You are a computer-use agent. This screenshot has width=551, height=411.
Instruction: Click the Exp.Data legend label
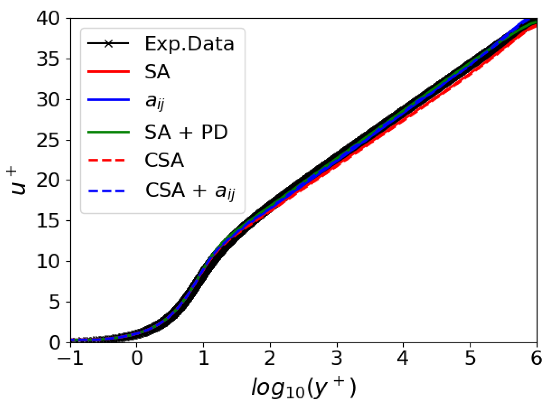click(x=189, y=44)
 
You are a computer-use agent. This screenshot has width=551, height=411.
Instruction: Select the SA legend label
click(x=157, y=72)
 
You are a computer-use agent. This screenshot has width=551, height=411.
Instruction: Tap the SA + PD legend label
click(x=186, y=132)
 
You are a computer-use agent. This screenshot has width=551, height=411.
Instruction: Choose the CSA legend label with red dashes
click(x=164, y=160)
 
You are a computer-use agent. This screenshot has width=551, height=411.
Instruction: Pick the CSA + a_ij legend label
click(x=190, y=191)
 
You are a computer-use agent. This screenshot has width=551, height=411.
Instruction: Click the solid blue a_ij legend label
click(x=155, y=101)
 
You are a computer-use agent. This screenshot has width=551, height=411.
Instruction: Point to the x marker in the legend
click(x=108, y=44)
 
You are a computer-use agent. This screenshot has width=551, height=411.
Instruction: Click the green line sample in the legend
click(x=108, y=132)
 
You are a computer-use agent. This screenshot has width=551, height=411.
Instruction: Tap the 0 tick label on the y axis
click(x=54, y=343)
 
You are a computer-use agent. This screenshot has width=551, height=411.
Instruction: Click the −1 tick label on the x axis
click(x=70, y=358)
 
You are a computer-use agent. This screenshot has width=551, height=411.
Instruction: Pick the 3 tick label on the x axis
click(x=337, y=358)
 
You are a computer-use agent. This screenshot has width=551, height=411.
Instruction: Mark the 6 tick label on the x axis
click(x=537, y=358)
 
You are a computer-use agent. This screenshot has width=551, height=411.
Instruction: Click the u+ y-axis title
click(x=18, y=181)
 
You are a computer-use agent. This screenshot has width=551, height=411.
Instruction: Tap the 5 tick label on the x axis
click(x=470, y=358)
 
